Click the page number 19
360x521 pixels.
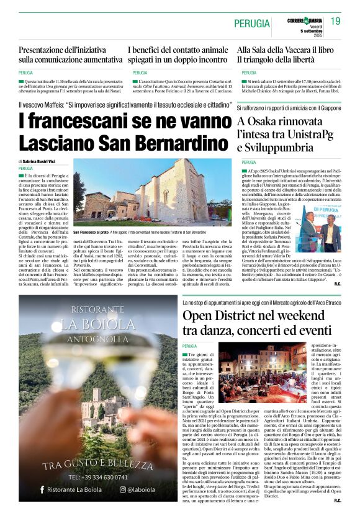[x=335, y=21]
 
